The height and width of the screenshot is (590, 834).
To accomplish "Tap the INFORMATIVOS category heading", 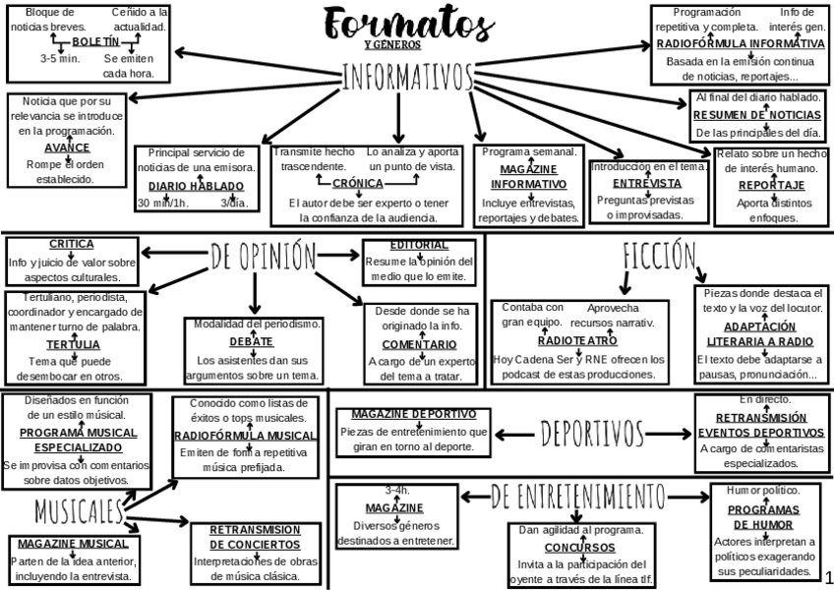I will click(x=408, y=75).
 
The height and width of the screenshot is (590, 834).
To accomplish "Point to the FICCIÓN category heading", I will click(x=659, y=255).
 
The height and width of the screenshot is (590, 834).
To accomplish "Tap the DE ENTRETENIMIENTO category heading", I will click(x=577, y=495).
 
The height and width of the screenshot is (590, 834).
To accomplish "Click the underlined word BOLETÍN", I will click(x=95, y=42).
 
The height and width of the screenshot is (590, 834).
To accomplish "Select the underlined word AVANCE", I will click(x=67, y=147).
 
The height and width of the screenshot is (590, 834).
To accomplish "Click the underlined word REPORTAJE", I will click(x=771, y=185).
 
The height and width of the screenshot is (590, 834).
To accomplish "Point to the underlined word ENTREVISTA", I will click(x=646, y=183).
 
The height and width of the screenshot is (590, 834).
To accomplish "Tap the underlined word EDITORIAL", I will click(x=419, y=245).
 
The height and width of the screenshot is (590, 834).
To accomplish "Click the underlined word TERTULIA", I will click(x=72, y=344).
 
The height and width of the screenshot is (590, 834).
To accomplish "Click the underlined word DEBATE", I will click(x=252, y=341).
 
